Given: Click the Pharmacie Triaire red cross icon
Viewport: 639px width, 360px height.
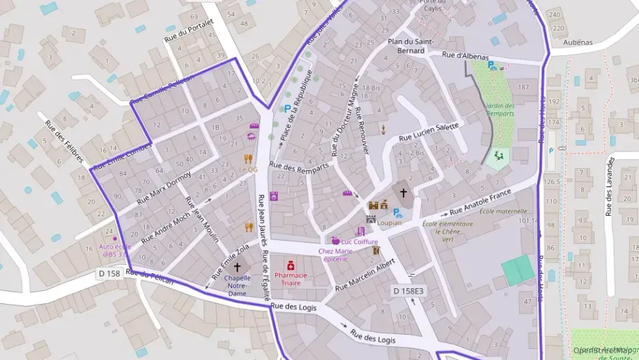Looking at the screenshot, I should [290, 264].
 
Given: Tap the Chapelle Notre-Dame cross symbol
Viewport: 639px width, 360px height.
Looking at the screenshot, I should [238, 267].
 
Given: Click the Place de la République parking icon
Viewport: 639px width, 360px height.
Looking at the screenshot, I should [287, 108].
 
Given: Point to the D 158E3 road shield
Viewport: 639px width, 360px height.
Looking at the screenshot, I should [408, 292].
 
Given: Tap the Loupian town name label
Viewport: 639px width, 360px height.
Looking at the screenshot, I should [389, 223].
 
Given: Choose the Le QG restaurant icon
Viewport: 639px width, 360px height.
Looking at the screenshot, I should [249, 156].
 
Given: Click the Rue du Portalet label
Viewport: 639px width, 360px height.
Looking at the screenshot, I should [189, 32].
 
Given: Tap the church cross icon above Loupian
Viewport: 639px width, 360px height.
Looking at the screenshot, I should [403, 193].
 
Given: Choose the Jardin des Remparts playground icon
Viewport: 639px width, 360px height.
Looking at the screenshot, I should [498, 156].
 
